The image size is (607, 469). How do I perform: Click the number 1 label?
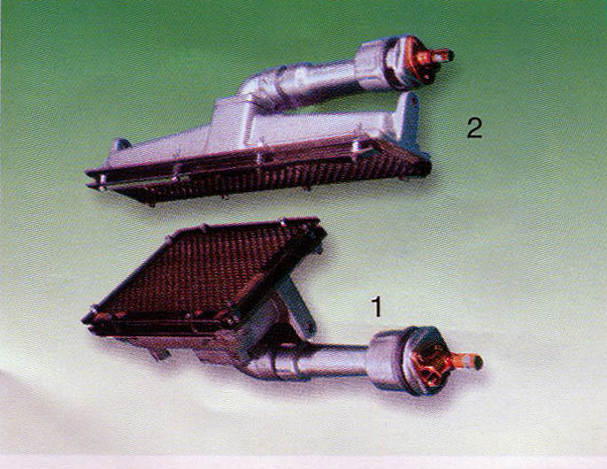coord(376,307)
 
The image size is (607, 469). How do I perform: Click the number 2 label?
coord(474,127)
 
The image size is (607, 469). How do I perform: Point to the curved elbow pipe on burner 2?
coord(257,86)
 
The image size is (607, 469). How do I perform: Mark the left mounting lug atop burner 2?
coord(120,145)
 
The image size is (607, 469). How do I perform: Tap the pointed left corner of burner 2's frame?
coord(87,173)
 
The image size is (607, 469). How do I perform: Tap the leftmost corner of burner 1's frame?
coord(83,320)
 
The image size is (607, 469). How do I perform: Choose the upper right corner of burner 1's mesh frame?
coord(319,220)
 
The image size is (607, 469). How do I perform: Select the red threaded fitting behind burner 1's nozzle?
coord(430,362)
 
